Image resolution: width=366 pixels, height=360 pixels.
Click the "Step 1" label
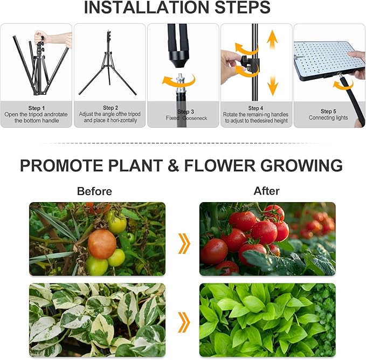point(37,108)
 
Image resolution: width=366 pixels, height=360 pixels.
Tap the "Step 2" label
point(110,108)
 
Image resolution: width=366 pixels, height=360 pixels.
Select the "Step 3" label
point(183,112)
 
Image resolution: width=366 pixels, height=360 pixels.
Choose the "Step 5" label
point(328,112)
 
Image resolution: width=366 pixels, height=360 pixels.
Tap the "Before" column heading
point(94,191)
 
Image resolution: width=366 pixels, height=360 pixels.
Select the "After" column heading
point(266,191)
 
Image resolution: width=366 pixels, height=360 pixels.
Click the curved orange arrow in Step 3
point(178,81)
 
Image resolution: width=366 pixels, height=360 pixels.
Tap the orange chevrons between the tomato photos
point(184,244)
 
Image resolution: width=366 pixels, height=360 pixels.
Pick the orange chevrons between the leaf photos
point(184,322)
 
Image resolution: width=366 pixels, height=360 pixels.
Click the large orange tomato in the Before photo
point(101,244)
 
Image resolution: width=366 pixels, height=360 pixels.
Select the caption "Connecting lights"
point(328,117)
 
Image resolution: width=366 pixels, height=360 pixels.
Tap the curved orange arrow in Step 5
point(341,84)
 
